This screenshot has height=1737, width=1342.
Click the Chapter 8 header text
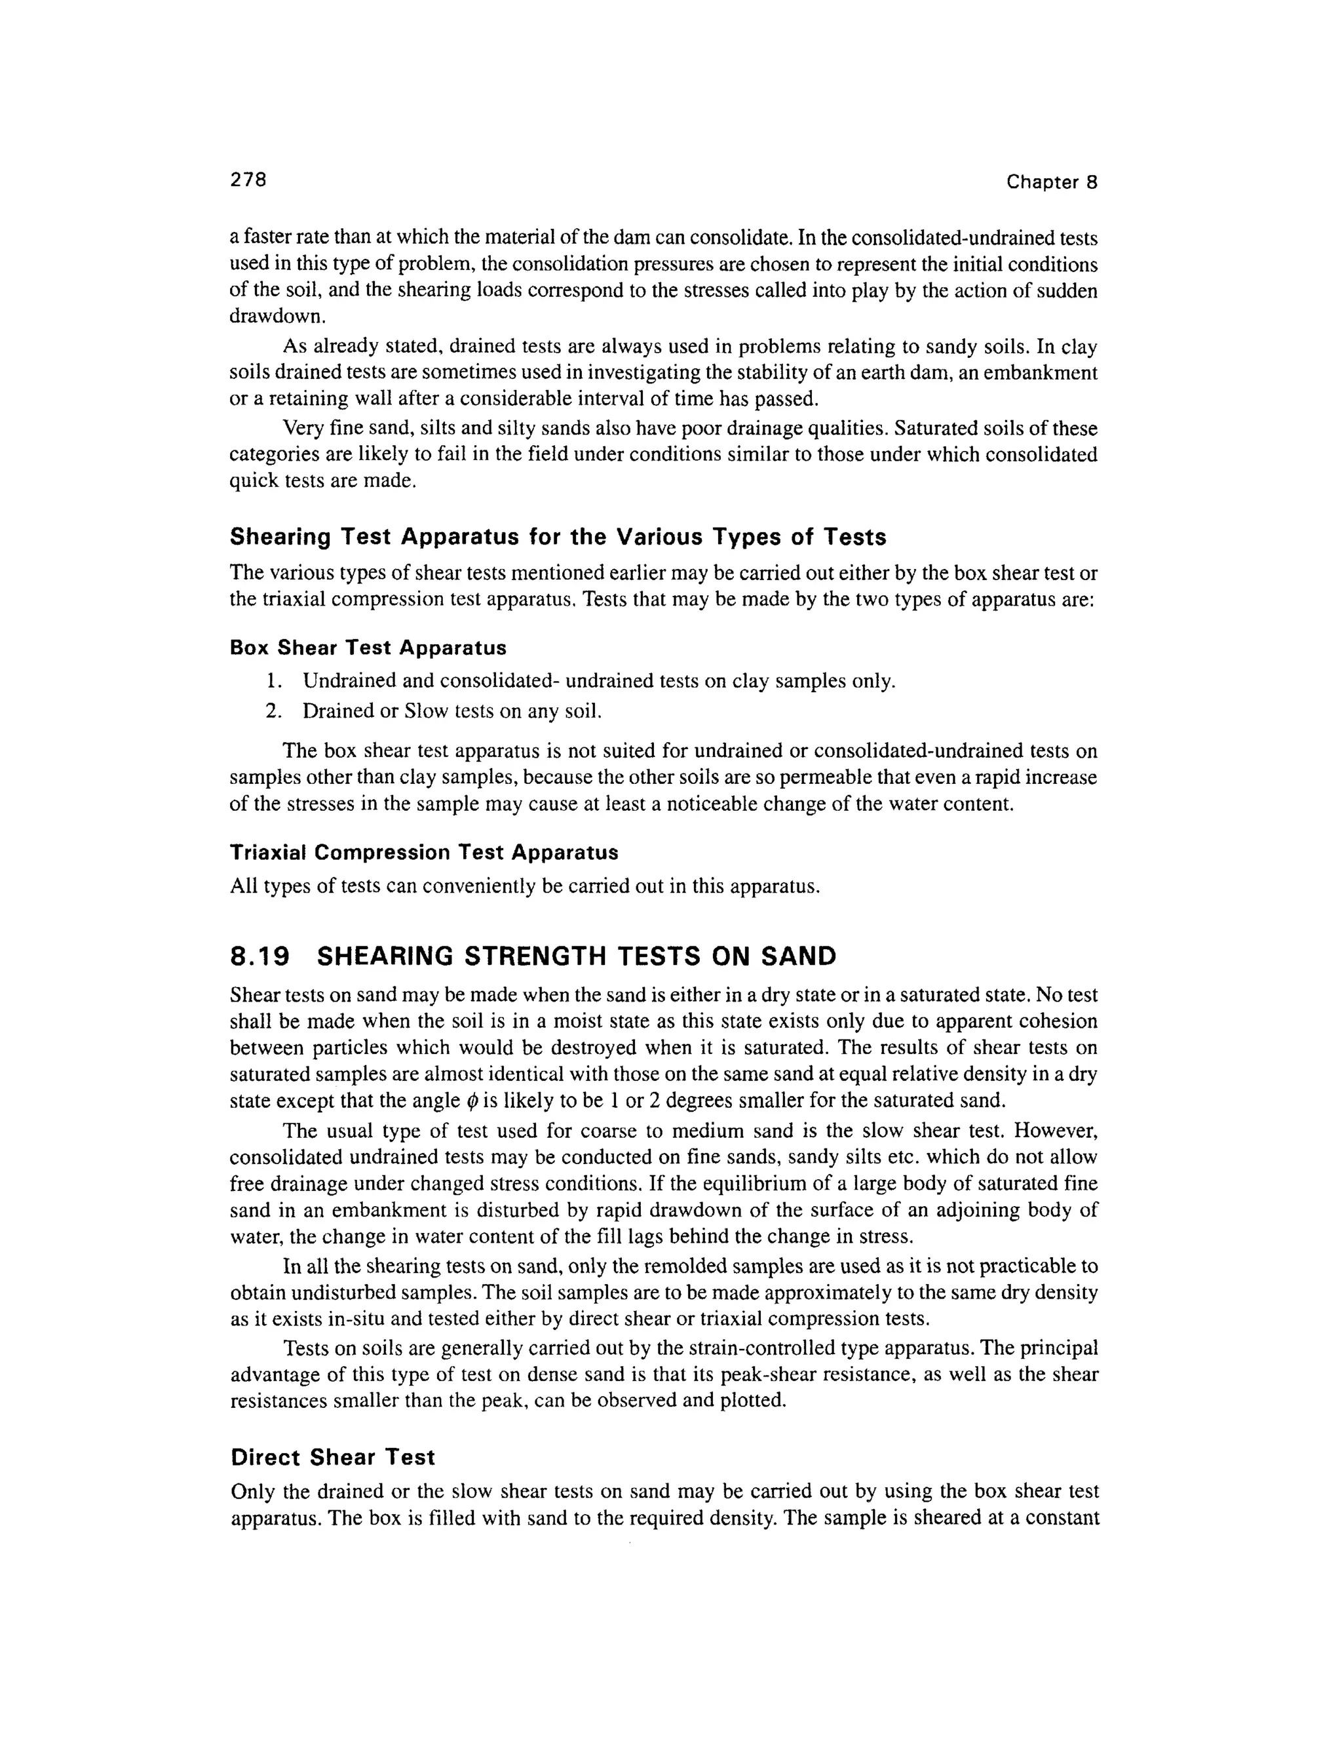click(1051, 182)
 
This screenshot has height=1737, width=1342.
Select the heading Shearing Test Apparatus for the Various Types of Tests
click(558, 537)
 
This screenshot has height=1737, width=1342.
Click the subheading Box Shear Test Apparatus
click(368, 648)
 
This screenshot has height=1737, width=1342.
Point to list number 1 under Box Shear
click(273, 682)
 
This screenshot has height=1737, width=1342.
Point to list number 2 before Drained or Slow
click(273, 711)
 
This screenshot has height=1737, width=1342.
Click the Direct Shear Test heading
click(332, 1457)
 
